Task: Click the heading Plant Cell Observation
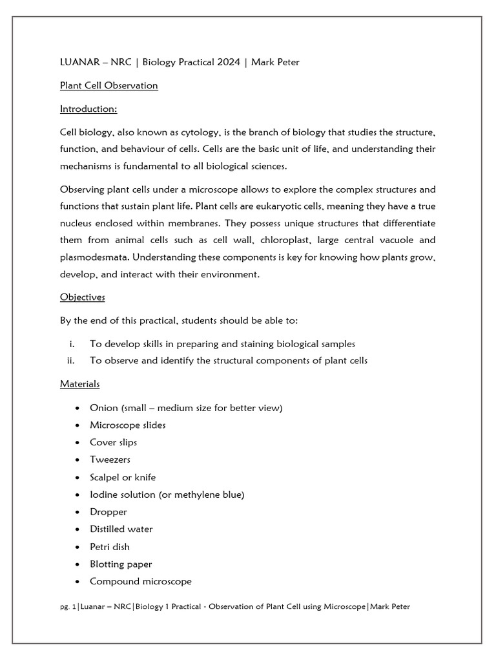[108, 85]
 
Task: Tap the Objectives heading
[83, 297]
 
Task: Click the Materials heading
[80, 384]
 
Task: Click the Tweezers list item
[110, 460]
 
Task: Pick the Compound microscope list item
[140, 581]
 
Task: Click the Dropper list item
[108, 512]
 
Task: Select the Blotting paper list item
[121, 564]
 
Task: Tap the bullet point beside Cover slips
[77, 443]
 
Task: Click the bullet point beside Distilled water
[77, 529]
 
